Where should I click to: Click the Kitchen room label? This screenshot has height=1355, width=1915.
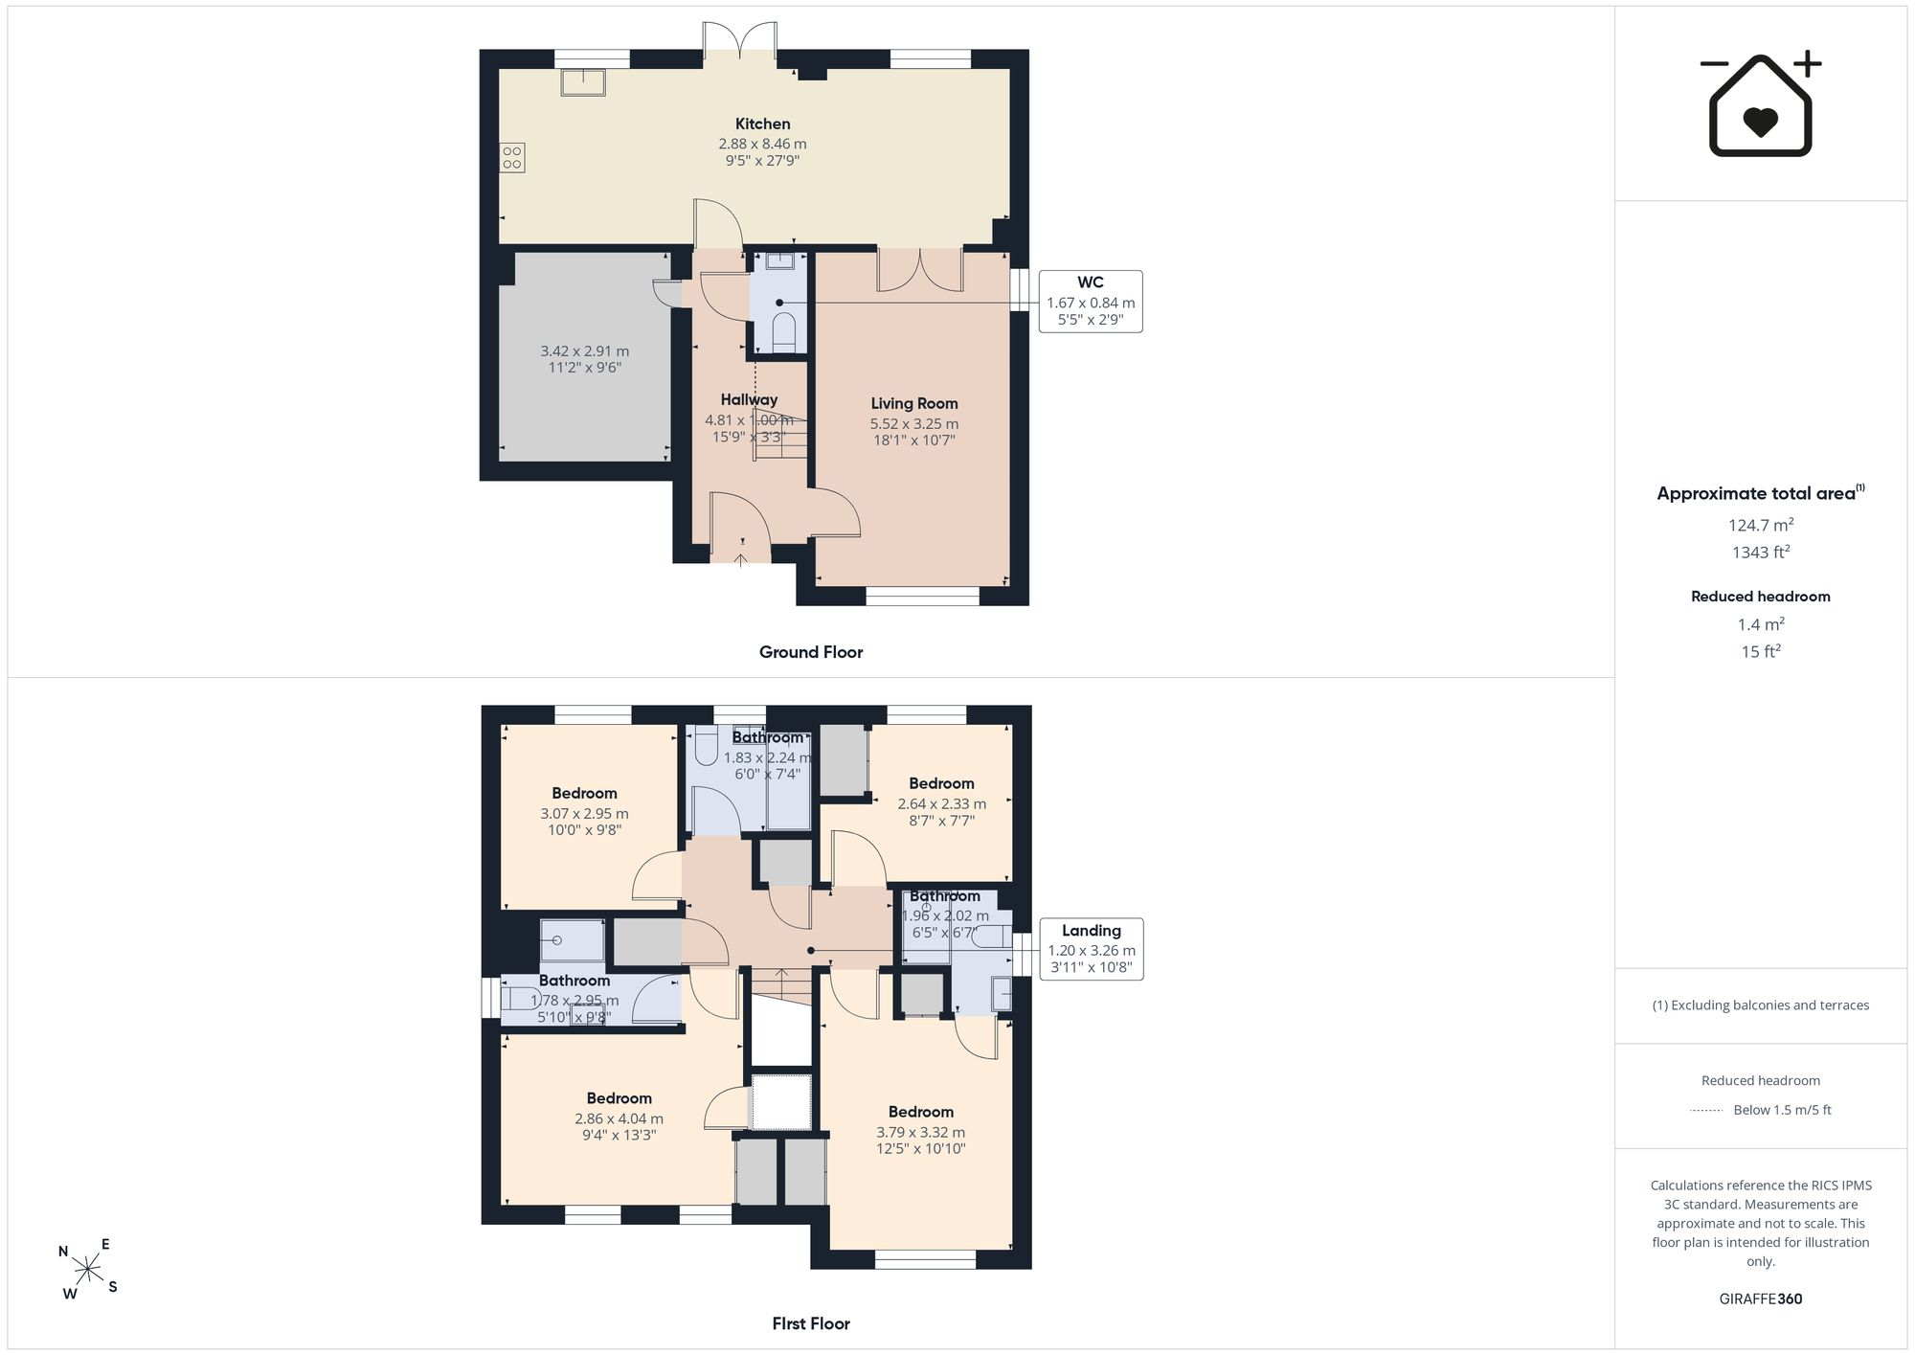pyautogui.click(x=763, y=124)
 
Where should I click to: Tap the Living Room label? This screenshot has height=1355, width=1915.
pyautogui.click(x=914, y=404)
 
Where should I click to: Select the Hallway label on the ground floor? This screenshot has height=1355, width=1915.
pyautogui.click(x=749, y=400)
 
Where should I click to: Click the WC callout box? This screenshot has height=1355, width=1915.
pyautogui.click(x=1091, y=302)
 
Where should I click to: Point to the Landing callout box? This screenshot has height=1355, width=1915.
pyautogui.click(x=1092, y=949)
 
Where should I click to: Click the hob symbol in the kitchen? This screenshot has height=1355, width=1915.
pyautogui.click(x=512, y=158)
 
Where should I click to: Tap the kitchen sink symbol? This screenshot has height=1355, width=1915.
pyautogui.click(x=583, y=83)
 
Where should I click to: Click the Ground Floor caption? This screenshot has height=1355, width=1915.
pyautogui.click(x=811, y=652)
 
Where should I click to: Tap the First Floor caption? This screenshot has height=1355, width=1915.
pyautogui.click(x=811, y=1323)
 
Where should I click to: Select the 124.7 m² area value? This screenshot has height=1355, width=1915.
pyautogui.click(x=1761, y=525)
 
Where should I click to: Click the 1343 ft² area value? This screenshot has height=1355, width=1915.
pyautogui.click(x=1761, y=552)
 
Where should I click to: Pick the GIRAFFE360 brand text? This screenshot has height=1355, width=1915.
pyautogui.click(x=1761, y=1299)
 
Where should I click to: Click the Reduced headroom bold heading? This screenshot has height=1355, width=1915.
pyautogui.click(x=1761, y=597)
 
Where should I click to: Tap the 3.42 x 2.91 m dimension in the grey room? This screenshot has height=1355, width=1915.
pyautogui.click(x=584, y=351)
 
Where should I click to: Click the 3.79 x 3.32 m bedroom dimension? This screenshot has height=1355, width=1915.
pyautogui.click(x=921, y=1132)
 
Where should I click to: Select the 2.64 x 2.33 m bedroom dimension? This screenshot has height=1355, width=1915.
pyautogui.click(x=942, y=804)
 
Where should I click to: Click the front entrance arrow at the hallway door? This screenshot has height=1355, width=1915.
pyautogui.click(x=742, y=558)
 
